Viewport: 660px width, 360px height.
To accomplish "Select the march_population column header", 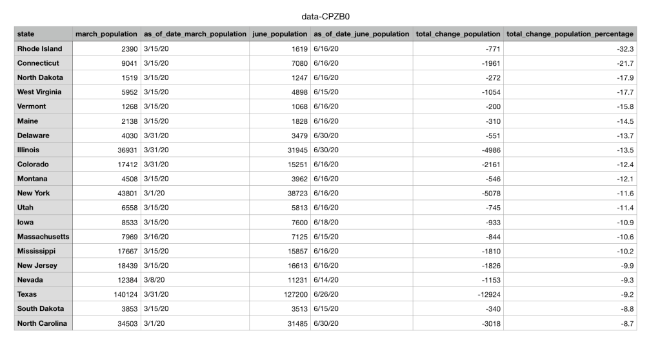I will [106, 34].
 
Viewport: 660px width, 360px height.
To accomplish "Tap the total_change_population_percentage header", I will [570, 34].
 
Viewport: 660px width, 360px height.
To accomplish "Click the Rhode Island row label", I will [39, 48].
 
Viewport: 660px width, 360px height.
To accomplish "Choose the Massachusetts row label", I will [43, 236].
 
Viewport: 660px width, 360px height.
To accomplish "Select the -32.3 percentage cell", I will [625, 48].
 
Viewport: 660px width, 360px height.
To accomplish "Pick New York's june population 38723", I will [295, 193].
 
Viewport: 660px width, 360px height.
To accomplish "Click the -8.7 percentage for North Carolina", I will [626, 323].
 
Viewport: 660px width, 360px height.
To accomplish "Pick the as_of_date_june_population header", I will [361, 34].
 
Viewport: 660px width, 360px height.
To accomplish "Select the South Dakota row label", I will [41, 308].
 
